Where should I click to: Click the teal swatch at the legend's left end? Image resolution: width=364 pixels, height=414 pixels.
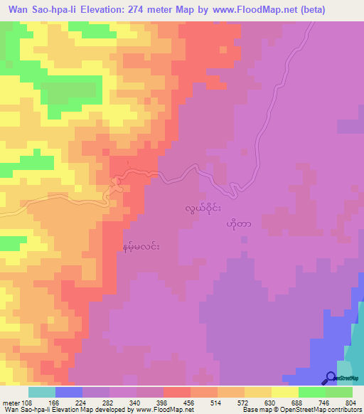point(42,392)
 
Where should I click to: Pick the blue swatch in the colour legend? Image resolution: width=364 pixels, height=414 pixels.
point(69,392)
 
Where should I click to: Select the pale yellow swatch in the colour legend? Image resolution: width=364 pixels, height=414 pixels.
point(285,392)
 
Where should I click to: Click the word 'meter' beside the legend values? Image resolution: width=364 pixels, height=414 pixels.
point(10,402)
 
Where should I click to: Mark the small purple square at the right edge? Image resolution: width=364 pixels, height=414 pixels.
point(350,126)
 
